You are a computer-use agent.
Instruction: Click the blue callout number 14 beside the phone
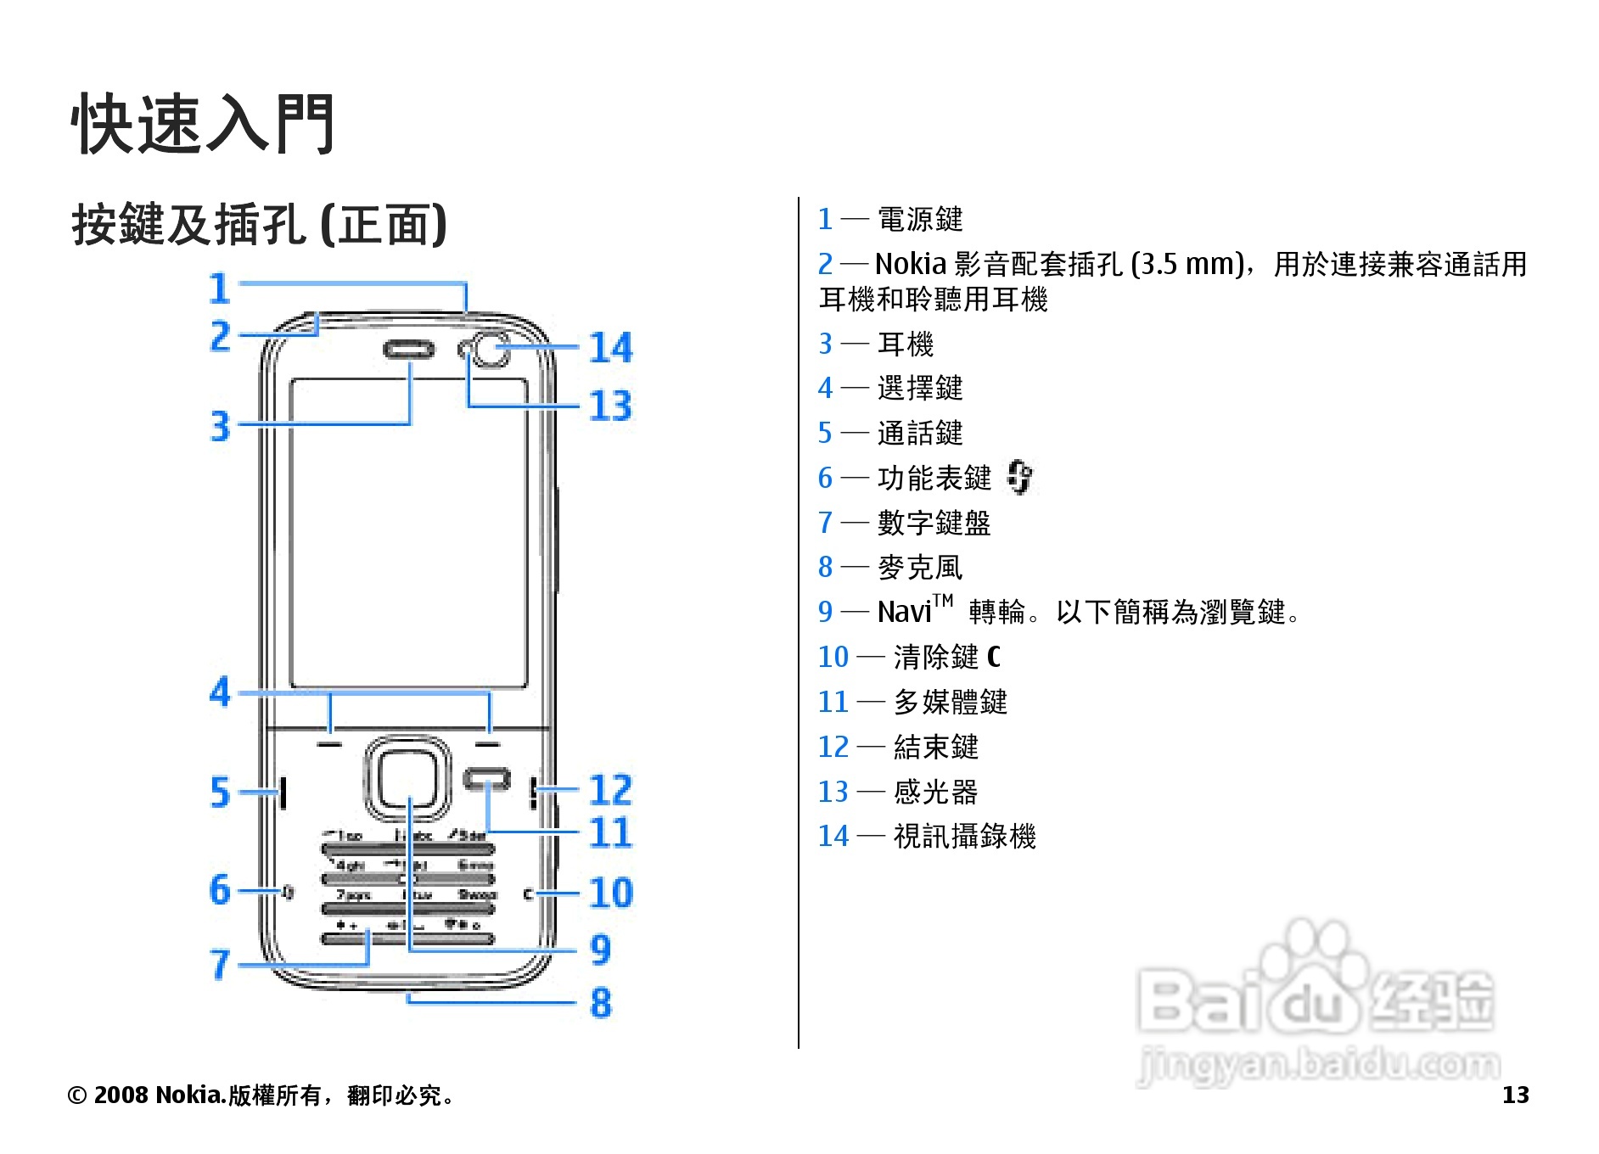pos(611,348)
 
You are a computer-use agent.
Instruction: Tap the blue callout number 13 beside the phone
pos(611,406)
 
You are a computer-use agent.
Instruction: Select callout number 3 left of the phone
pos(220,426)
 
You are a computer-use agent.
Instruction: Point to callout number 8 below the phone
pos(601,1003)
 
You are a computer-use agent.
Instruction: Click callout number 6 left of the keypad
pos(220,890)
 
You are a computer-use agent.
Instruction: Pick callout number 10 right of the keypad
pos(611,893)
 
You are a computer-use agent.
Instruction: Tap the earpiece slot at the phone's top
pos(409,349)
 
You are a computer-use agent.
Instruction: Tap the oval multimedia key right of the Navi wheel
pos(487,779)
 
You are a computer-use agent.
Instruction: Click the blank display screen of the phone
pos(408,533)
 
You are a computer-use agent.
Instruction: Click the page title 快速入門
pos(203,124)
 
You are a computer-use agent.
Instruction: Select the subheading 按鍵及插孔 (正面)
pos(259,225)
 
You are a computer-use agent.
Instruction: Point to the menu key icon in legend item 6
pos(1019,477)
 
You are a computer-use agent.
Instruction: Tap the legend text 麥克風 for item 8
pos(920,568)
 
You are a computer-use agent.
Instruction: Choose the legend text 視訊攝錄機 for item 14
pos(964,837)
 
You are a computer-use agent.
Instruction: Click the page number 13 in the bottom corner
pos(1515,1095)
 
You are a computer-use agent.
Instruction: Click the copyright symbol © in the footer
pos(76,1095)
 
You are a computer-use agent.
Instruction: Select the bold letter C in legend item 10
pos(994,657)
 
